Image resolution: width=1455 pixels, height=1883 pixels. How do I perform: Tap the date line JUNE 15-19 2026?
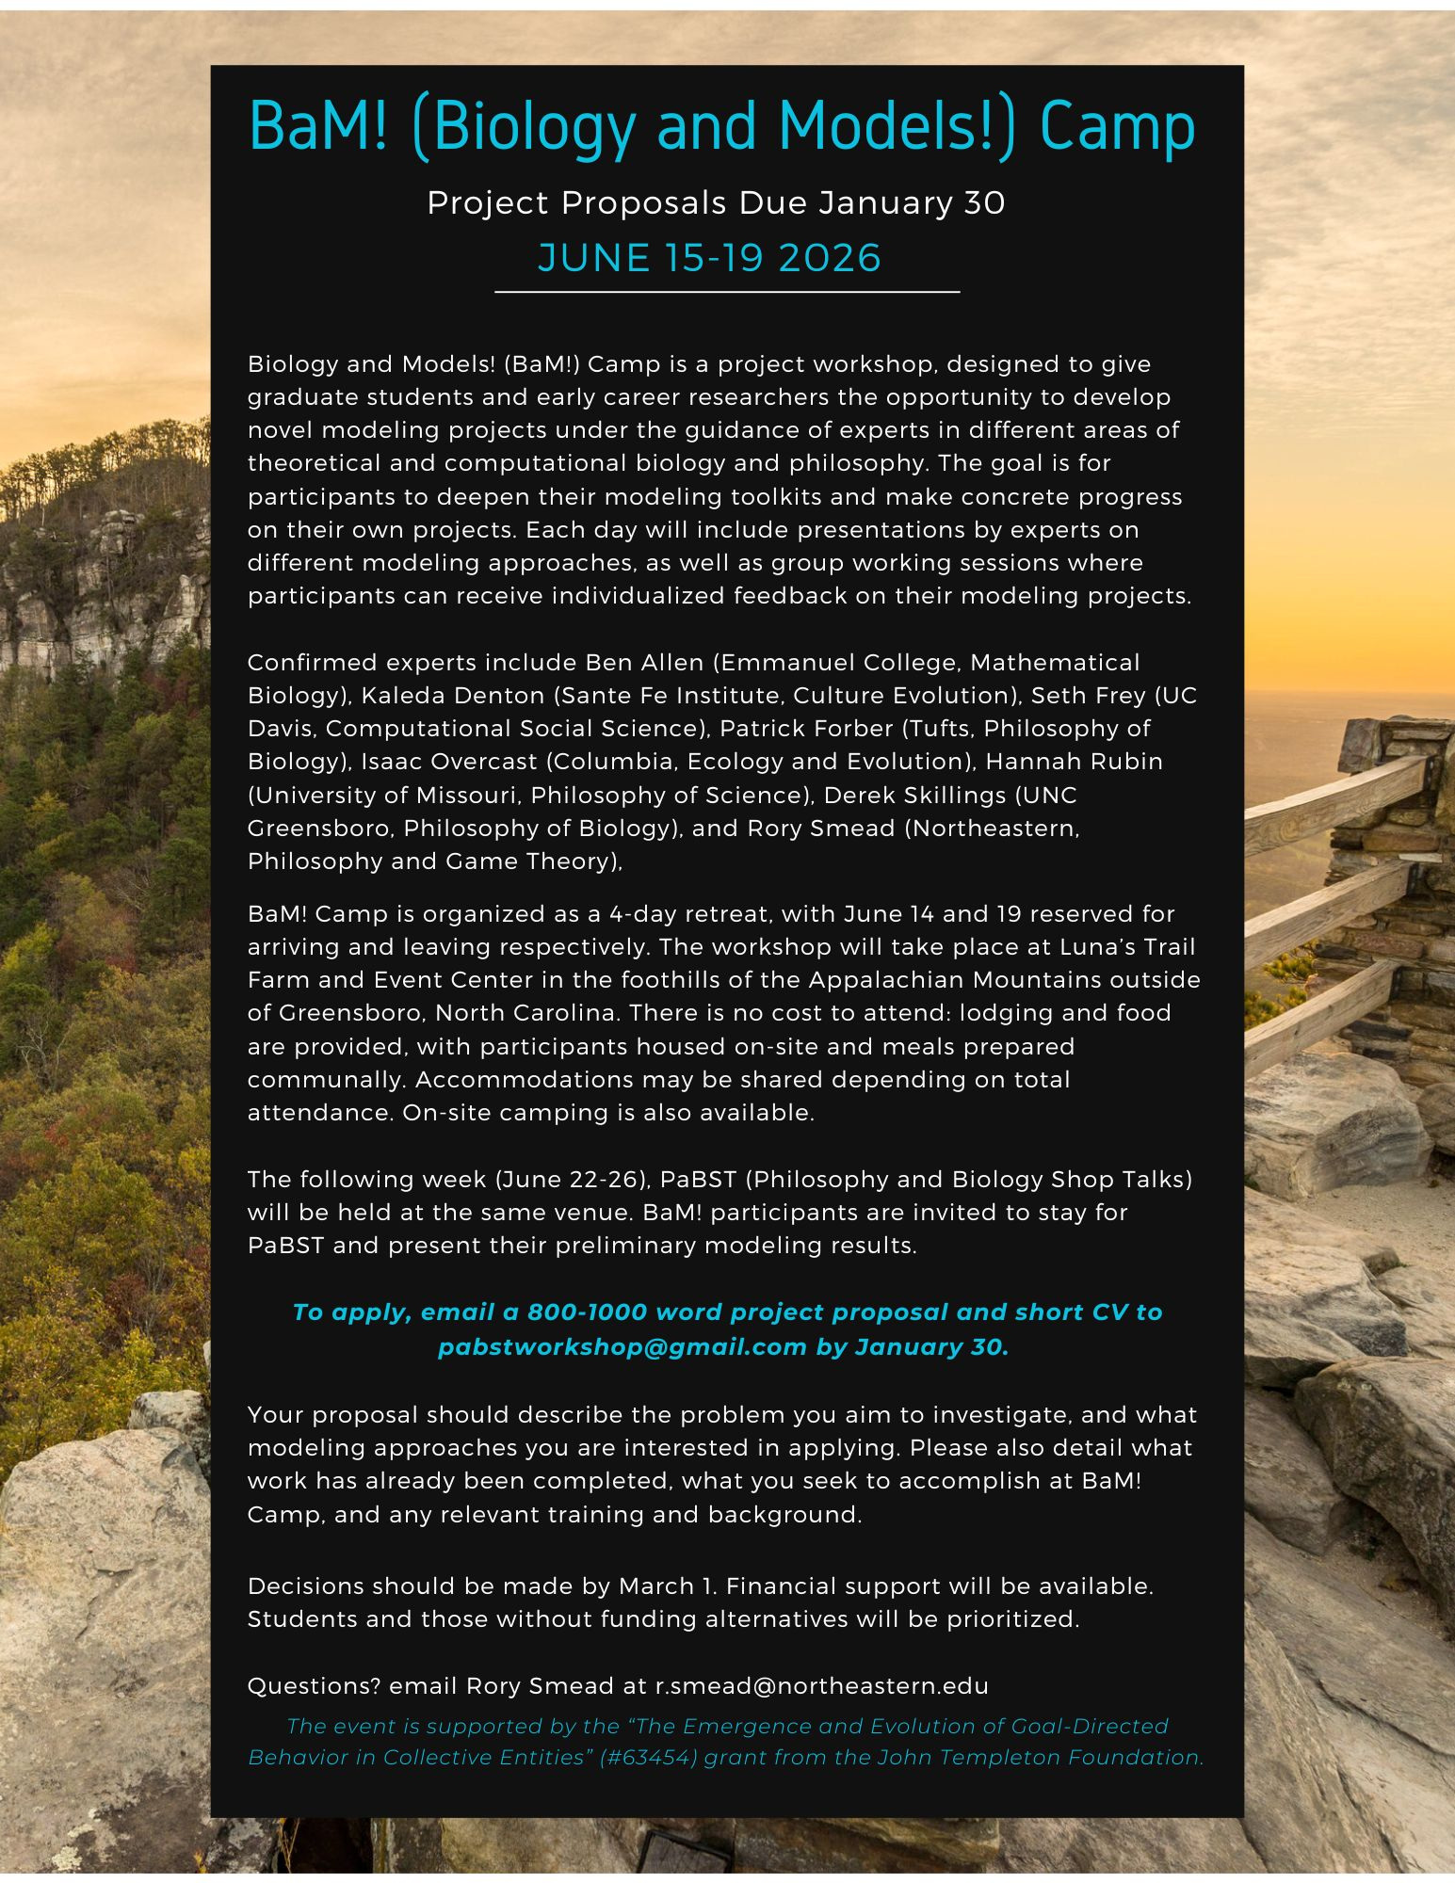[709, 258]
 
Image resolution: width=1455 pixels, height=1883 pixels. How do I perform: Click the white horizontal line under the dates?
[727, 293]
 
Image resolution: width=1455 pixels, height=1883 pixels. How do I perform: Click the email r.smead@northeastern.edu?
[821, 1685]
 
